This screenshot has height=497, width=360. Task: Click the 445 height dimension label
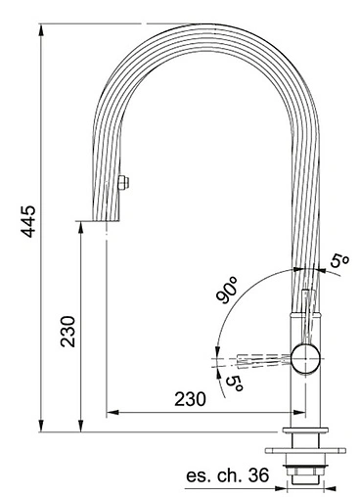point(27,221)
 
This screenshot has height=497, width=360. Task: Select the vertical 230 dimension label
point(68,331)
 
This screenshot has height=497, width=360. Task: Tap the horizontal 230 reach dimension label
point(190,399)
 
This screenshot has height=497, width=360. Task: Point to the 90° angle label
point(227,290)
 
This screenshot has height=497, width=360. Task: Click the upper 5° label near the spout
point(339,261)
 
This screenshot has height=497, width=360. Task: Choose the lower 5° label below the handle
point(235,384)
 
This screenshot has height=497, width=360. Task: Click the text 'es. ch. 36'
point(228,475)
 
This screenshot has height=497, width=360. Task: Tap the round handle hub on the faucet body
point(305,358)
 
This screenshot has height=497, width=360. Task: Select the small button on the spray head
point(123,183)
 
